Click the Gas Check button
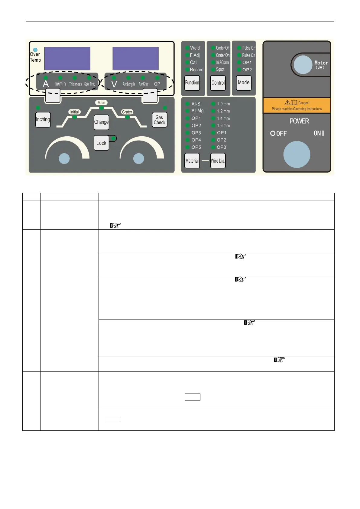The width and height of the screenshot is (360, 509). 159,120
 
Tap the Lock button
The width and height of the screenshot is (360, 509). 101,143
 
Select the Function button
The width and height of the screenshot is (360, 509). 192,83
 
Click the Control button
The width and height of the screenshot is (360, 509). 218,83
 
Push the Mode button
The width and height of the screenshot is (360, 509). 244,83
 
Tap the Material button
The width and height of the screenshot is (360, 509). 192,161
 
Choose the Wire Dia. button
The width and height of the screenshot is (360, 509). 218,161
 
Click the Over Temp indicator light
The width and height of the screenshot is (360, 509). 35,50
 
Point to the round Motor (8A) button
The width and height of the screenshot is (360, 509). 303,65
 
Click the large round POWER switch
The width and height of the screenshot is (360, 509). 297,154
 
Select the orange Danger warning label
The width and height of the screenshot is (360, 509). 297,105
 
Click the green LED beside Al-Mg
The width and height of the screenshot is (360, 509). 187,111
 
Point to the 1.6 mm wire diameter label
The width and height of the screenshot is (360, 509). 223,125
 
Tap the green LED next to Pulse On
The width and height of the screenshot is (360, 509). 239,55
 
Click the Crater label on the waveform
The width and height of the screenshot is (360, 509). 127,112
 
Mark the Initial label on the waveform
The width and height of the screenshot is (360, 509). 74,112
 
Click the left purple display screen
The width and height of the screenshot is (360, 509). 67,59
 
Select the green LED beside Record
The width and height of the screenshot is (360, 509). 187,70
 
